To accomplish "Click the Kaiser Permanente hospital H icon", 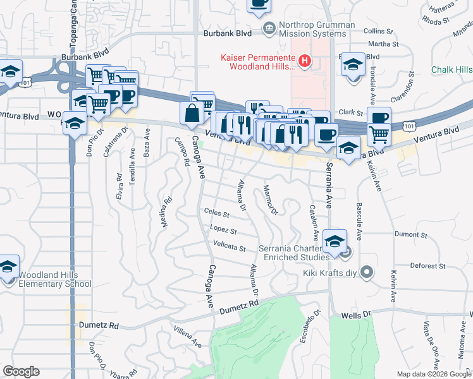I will (305, 61).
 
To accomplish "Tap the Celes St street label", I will (216, 213).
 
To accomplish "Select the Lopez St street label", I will (224, 230).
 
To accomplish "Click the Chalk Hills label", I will (451, 69).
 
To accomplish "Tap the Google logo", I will (21, 371).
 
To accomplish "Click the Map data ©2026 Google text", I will (433, 374).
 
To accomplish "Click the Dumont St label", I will (412, 234).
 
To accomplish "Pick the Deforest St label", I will (428, 266).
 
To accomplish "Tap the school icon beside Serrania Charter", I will (335, 240).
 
